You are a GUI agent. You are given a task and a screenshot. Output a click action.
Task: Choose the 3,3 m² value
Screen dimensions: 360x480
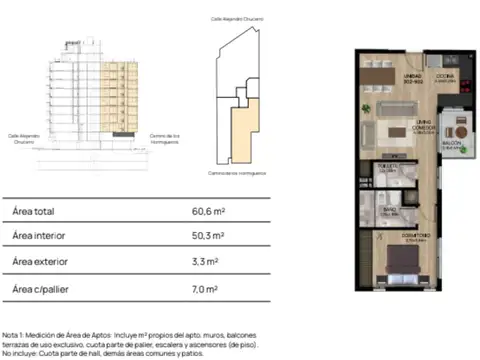[205, 264]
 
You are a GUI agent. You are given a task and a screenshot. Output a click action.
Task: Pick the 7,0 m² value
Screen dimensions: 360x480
[205, 290]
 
